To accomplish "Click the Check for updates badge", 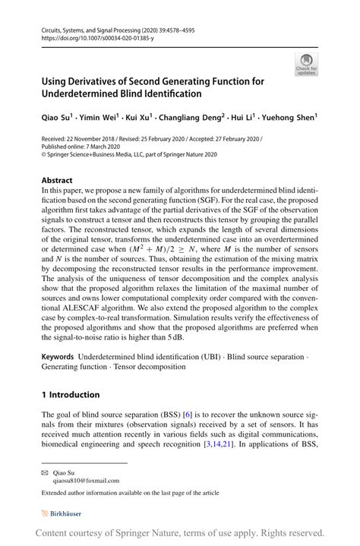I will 305,65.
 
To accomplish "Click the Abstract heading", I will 58,181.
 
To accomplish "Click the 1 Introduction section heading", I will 71,395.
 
